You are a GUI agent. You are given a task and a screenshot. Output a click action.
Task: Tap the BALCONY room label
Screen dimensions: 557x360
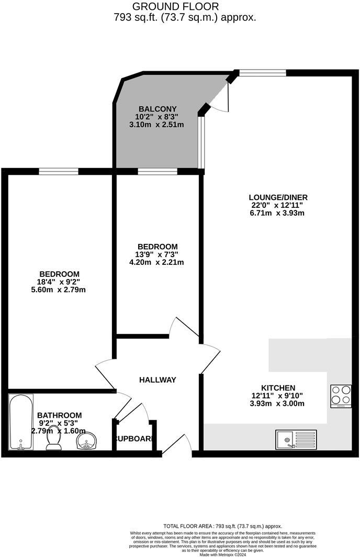click(154, 109)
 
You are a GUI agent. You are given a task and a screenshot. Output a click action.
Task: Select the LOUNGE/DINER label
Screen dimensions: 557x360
click(278, 197)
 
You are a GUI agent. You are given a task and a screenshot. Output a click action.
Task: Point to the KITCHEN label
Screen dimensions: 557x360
click(278, 387)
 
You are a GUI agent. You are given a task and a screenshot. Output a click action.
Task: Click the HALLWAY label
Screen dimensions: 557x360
click(157, 380)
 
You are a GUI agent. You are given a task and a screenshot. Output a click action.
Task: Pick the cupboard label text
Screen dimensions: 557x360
click(134, 438)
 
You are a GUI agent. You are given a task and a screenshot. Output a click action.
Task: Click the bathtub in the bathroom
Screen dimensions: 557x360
click(21, 422)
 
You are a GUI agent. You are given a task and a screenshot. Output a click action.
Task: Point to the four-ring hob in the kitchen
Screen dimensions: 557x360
click(341, 396)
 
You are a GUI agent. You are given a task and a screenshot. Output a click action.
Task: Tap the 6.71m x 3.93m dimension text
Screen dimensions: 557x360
click(278, 213)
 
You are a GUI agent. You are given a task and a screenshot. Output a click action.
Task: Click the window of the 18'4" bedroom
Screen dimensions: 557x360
click(59, 171)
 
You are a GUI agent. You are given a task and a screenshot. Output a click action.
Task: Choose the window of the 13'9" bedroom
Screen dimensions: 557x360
click(157, 171)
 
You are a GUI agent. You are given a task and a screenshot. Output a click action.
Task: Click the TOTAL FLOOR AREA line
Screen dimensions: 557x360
click(223, 526)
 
